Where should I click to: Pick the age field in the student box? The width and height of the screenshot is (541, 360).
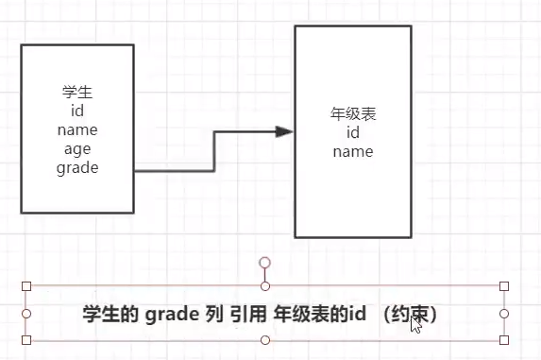click(x=76, y=149)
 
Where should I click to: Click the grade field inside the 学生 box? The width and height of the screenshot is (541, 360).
click(x=76, y=167)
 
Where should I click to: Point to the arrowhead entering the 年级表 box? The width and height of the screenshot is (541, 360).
click(x=284, y=131)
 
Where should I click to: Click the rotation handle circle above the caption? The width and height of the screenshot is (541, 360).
click(x=265, y=262)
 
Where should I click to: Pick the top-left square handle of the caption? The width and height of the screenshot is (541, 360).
click(x=26, y=285)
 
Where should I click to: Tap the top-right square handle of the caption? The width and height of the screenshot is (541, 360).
click(x=504, y=285)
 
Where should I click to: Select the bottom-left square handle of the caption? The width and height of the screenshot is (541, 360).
click(x=26, y=339)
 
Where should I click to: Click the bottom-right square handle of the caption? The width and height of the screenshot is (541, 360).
click(x=504, y=339)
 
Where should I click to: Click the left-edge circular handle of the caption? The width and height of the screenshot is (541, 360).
click(x=26, y=313)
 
